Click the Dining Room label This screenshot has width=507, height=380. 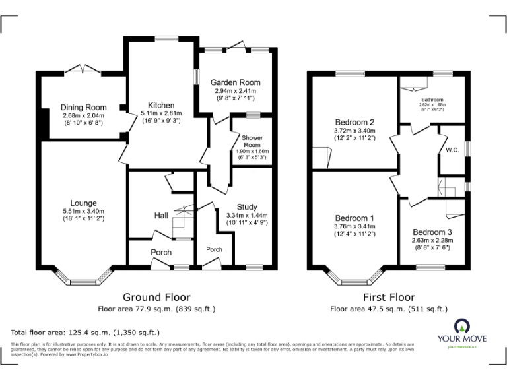click(x=83, y=108)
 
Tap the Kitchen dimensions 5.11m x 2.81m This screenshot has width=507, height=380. click(x=161, y=113)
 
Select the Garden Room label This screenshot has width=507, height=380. click(x=233, y=82)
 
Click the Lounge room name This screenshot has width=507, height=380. click(x=84, y=203)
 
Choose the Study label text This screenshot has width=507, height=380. click(x=247, y=207)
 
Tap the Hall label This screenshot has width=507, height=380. click(x=161, y=215)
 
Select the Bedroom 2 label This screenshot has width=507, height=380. click(x=354, y=122)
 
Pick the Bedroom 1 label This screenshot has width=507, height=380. click(x=354, y=218)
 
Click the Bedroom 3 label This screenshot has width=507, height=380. click(x=432, y=232)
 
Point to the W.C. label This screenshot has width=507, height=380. click(x=452, y=150)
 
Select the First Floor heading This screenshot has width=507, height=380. click(x=388, y=298)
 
